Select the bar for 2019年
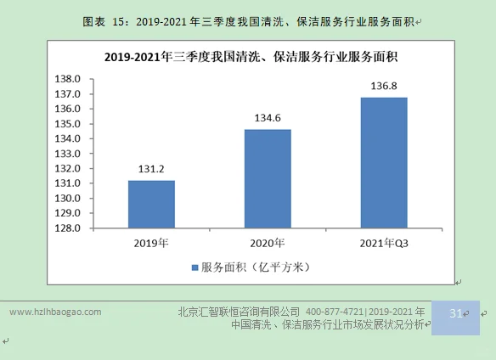click(151, 204)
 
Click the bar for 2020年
click(268, 178)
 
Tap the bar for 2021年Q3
click(384, 162)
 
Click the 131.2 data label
click(151, 170)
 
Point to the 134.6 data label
click(268, 120)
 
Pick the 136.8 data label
click(384, 87)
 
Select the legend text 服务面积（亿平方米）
click(255, 267)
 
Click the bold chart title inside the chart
click(251, 58)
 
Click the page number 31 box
click(455, 314)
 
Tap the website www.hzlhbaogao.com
click(55, 312)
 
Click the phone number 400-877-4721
click(336, 312)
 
